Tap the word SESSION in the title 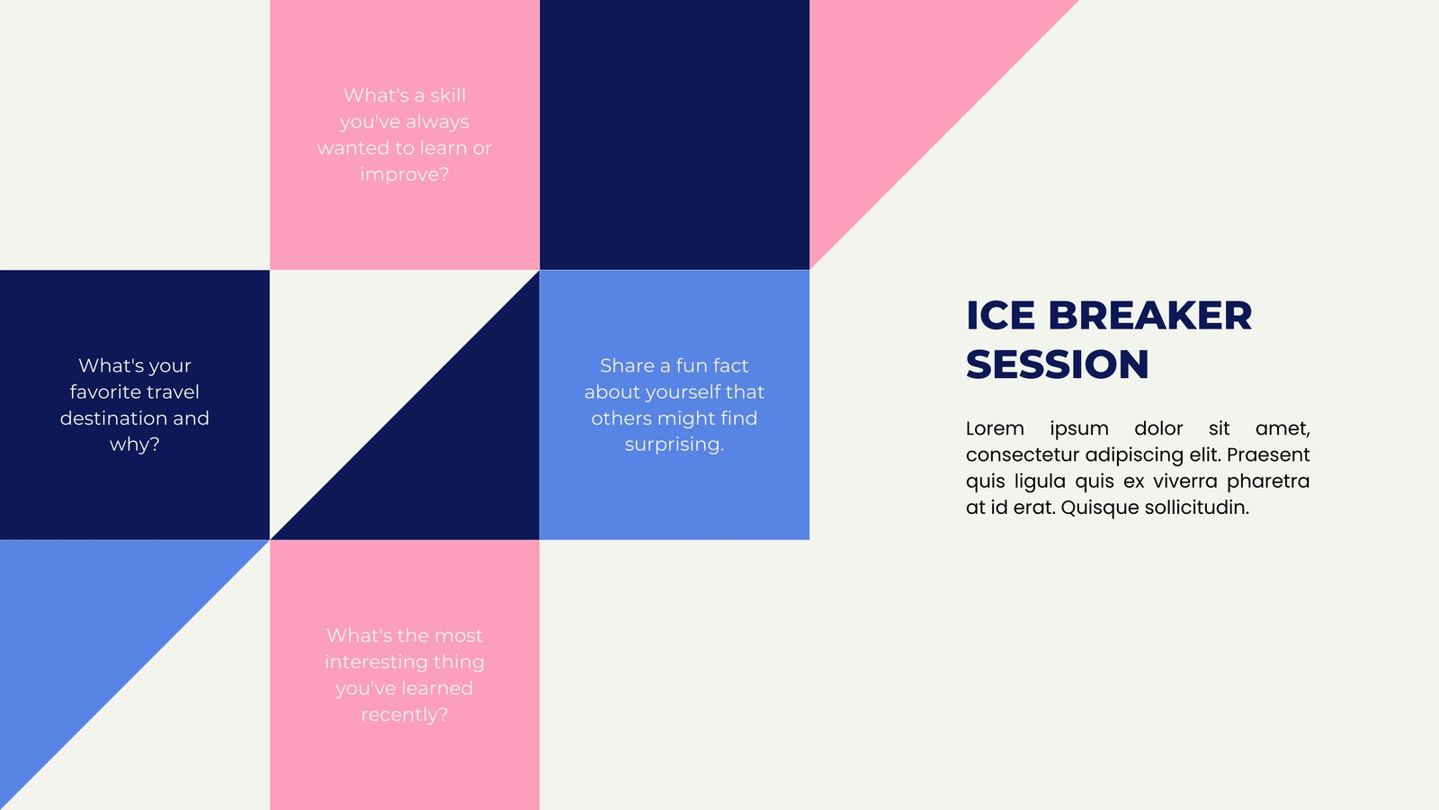click(x=1058, y=364)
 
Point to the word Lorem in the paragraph click(x=995, y=428)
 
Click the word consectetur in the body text click(x=1023, y=454)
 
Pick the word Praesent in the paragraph click(x=1268, y=454)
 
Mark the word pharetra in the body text click(x=1268, y=481)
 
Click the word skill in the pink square click(x=448, y=95)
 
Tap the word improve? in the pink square click(x=405, y=175)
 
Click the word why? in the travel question click(x=135, y=445)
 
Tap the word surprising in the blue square click(x=674, y=445)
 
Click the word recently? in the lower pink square click(x=405, y=715)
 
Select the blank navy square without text click(x=675, y=135)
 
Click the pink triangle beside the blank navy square click(x=899, y=90)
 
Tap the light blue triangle click(x=90, y=630)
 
